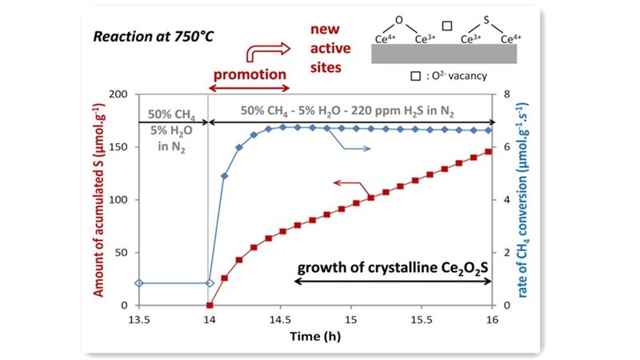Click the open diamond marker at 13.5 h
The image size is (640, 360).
[x=139, y=283]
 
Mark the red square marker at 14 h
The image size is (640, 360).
[x=210, y=305]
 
